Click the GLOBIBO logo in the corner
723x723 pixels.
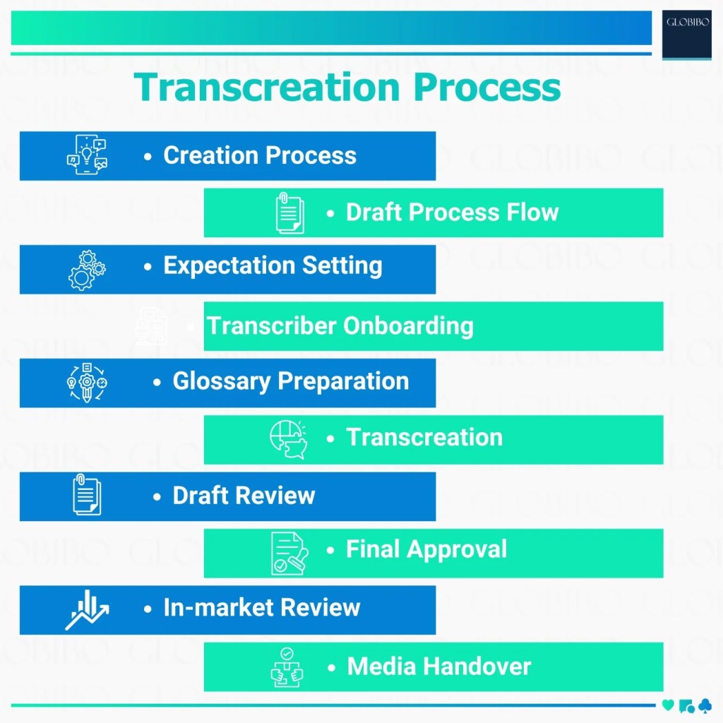coord(686,34)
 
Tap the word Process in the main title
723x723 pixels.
coord(487,88)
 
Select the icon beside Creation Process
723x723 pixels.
coord(87,155)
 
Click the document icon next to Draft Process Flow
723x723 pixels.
coord(289,213)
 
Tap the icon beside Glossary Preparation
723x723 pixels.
coord(86,383)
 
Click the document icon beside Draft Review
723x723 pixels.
coord(87,495)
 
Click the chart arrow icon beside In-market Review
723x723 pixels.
coord(87,610)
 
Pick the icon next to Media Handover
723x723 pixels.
coord(287,667)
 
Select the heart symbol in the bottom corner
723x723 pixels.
coord(668,705)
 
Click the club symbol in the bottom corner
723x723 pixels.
coord(704,705)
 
